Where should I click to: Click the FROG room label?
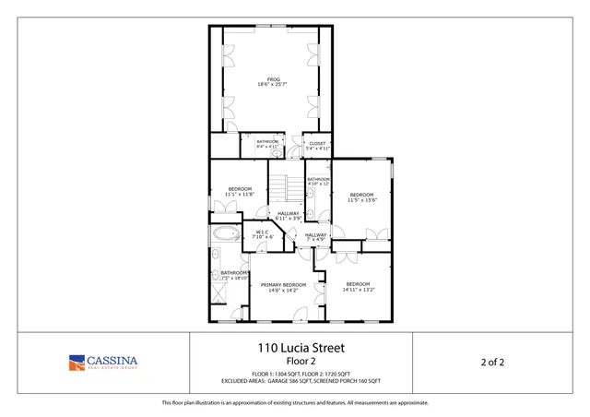tap(272, 79)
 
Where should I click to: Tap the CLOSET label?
tap(317, 143)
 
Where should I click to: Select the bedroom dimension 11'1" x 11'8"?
tap(239, 195)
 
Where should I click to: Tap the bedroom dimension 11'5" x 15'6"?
tap(361, 200)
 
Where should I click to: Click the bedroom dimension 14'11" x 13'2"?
tap(358, 290)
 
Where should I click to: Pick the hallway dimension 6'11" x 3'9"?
tap(289, 219)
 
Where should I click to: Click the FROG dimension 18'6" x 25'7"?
tap(272, 85)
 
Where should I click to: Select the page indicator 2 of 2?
tap(492, 362)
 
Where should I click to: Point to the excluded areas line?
tap(300, 380)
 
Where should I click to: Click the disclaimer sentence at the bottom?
tap(295, 402)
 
